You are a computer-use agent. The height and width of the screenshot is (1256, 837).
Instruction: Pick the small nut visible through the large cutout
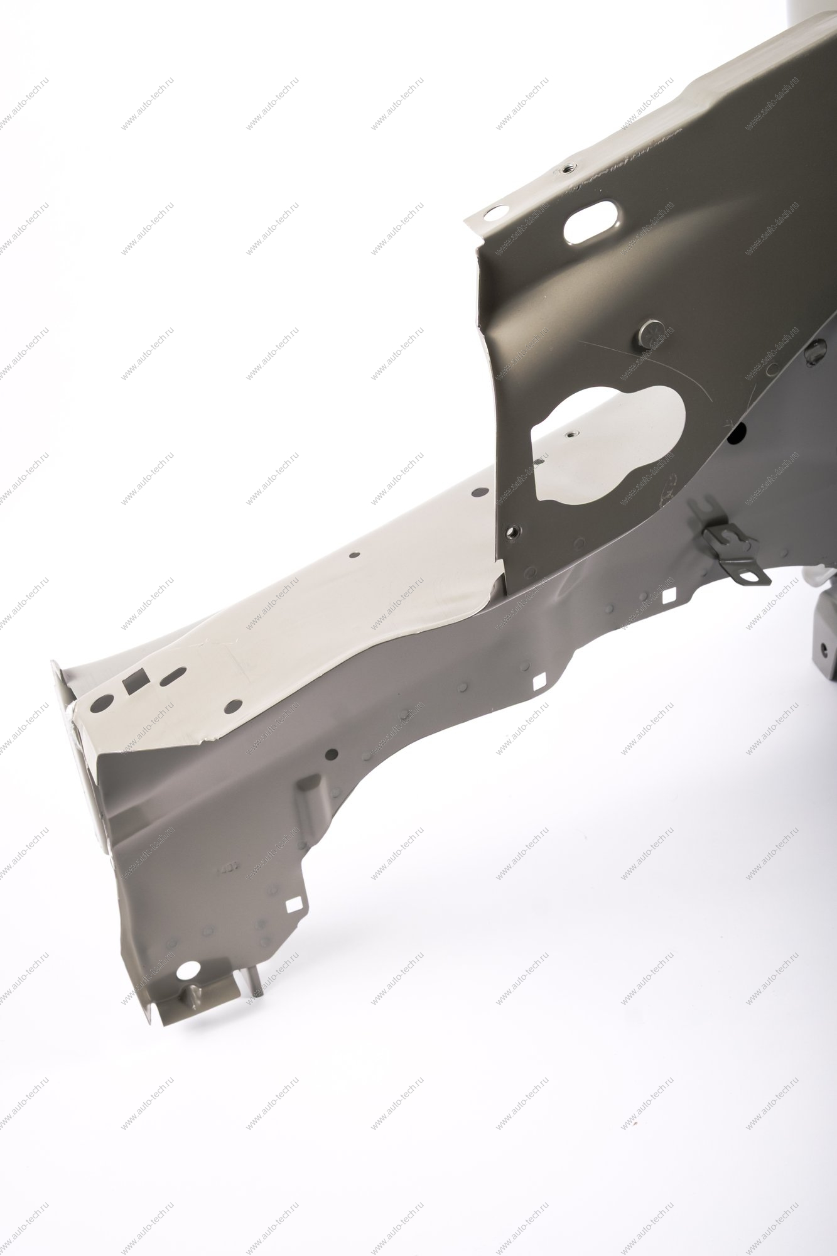click(x=571, y=433)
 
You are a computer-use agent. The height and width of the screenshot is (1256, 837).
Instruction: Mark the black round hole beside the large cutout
click(x=738, y=433)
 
